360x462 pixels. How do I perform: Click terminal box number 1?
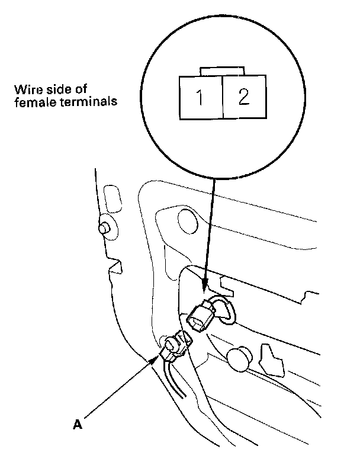tap(200, 97)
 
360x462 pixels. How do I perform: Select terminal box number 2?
tap(243, 97)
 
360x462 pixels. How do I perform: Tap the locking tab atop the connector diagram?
tap(221, 72)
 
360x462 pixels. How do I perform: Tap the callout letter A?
tap(76, 424)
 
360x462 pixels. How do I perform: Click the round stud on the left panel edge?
tap(105, 227)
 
